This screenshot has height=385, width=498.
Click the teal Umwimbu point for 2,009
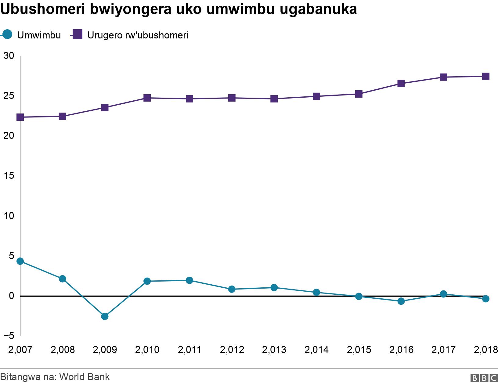coord(105,316)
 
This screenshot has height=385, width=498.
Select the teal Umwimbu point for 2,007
coord(20,261)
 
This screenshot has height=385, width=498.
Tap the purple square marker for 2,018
coord(486,76)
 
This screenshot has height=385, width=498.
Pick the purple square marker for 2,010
coord(147,98)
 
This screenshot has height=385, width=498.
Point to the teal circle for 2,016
coord(401,301)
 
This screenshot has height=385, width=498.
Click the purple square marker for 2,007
coord(20,117)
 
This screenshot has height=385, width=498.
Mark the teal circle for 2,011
coord(189,280)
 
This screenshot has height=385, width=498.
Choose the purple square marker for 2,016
coord(401,84)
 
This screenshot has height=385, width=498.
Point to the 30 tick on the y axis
coord(9,56)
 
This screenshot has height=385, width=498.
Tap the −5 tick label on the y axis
coord(9,336)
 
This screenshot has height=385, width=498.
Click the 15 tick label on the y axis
coord(9,175)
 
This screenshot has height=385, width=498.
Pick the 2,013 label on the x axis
coord(274,350)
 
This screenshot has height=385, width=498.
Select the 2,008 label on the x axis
coord(63,350)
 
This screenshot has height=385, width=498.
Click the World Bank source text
coord(85,377)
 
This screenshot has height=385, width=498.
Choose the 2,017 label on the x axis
coord(443,350)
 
